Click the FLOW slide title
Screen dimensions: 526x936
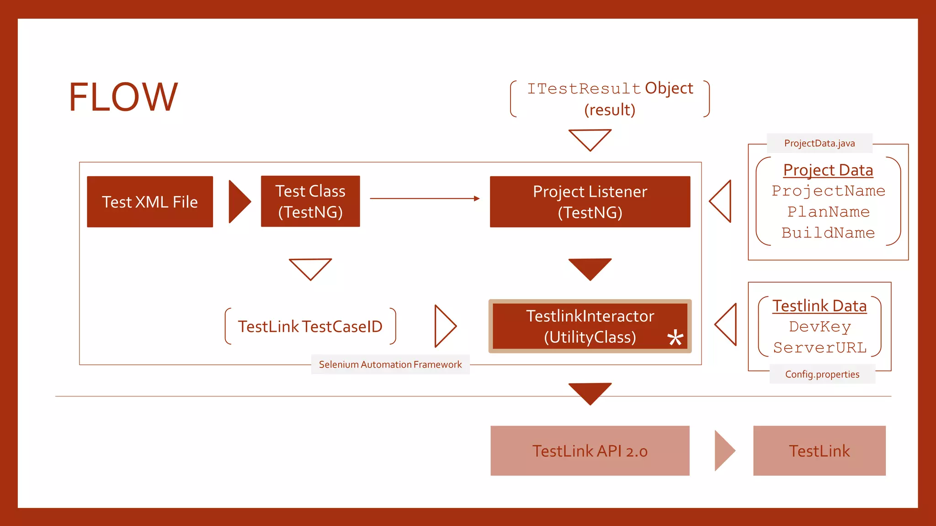click(x=123, y=97)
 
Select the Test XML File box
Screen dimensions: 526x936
click(x=150, y=202)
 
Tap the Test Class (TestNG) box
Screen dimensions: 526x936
click(x=310, y=201)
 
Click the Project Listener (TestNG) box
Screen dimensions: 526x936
click(x=590, y=202)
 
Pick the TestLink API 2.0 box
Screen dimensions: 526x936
click(x=590, y=451)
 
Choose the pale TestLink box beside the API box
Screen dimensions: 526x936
click(x=819, y=451)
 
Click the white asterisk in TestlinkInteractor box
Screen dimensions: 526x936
click(x=675, y=338)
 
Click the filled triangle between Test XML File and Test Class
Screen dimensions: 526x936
click(x=238, y=201)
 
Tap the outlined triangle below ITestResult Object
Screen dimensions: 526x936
click(x=590, y=138)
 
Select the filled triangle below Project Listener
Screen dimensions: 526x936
click(x=590, y=268)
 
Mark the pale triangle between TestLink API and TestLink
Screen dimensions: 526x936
click(x=723, y=450)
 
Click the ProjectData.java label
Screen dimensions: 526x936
click(x=819, y=143)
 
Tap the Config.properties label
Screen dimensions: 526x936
click(x=822, y=374)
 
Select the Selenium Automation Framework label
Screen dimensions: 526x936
click(x=390, y=364)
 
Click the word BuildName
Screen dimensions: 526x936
click(x=828, y=233)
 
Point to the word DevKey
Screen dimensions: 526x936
click(x=820, y=327)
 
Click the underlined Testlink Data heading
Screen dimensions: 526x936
click(x=819, y=306)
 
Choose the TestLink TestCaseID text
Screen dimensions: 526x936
click(x=310, y=326)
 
